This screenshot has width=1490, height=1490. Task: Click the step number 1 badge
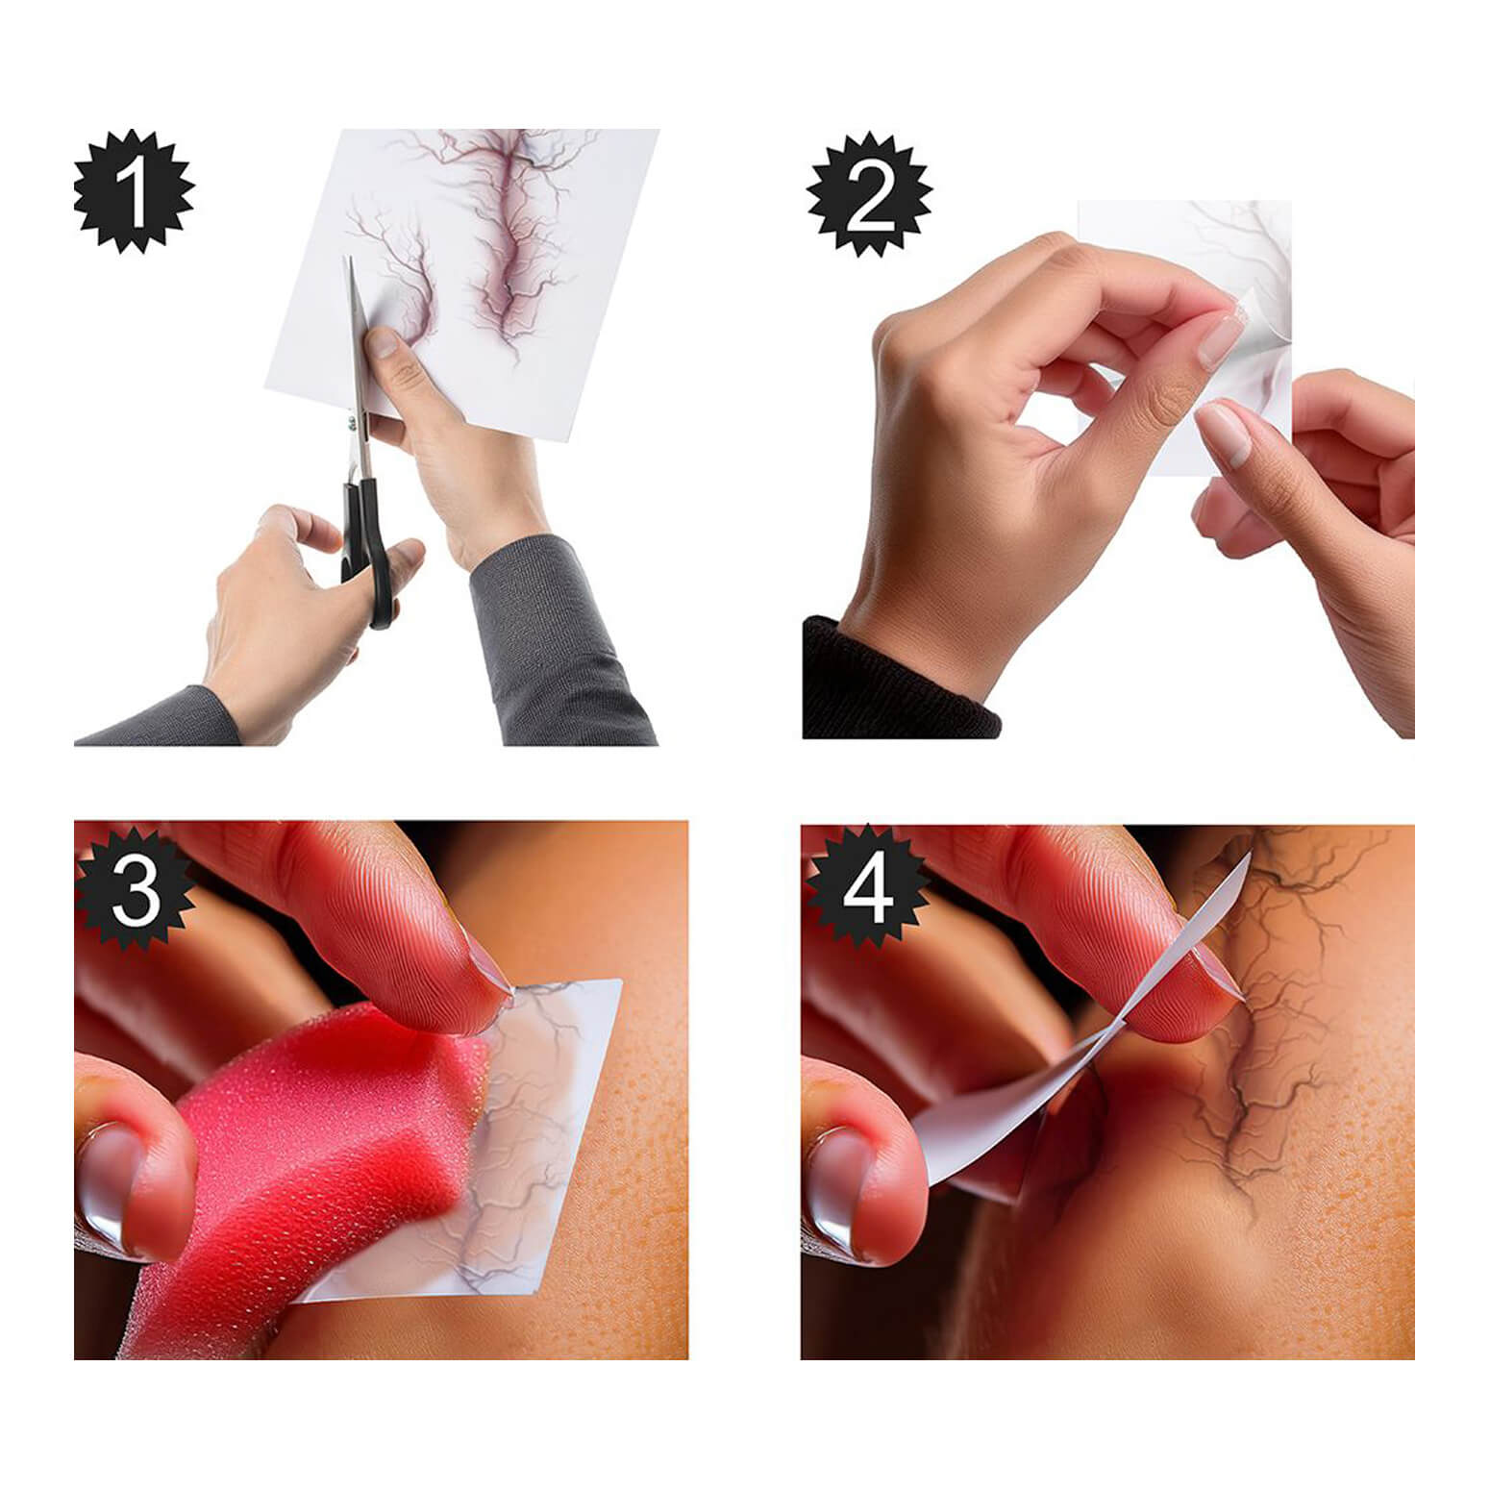click(134, 191)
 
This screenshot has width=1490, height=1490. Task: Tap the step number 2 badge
click(869, 196)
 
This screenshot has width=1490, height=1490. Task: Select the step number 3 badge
click(136, 889)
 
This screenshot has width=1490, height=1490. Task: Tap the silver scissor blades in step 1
click(357, 356)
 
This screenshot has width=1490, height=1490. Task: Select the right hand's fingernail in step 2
click(1225, 433)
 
